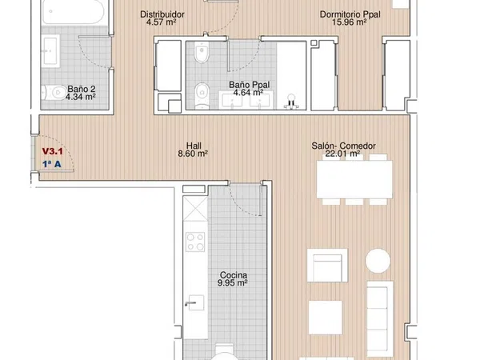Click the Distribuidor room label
[x=162, y=14]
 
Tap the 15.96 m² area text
[x=350, y=22]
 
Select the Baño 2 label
[x=82, y=89]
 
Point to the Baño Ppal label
[x=249, y=85]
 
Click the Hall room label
[x=194, y=146]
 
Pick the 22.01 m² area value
[x=342, y=154]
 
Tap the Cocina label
[x=234, y=275]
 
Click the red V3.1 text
[x=52, y=151]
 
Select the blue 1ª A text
[x=52, y=164]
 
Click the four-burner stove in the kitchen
[x=195, y=242]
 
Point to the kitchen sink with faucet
[x=195, y=302]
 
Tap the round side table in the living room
[x=378, y=261]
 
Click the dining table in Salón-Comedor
[x=354, y=179]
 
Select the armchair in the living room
[x=327, y=266]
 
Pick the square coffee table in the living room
[x=325, y=318]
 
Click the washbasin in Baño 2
[x=50, y=51]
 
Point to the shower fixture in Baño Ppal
[x=291, y=102]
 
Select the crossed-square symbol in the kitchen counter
[x=195, y=209]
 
